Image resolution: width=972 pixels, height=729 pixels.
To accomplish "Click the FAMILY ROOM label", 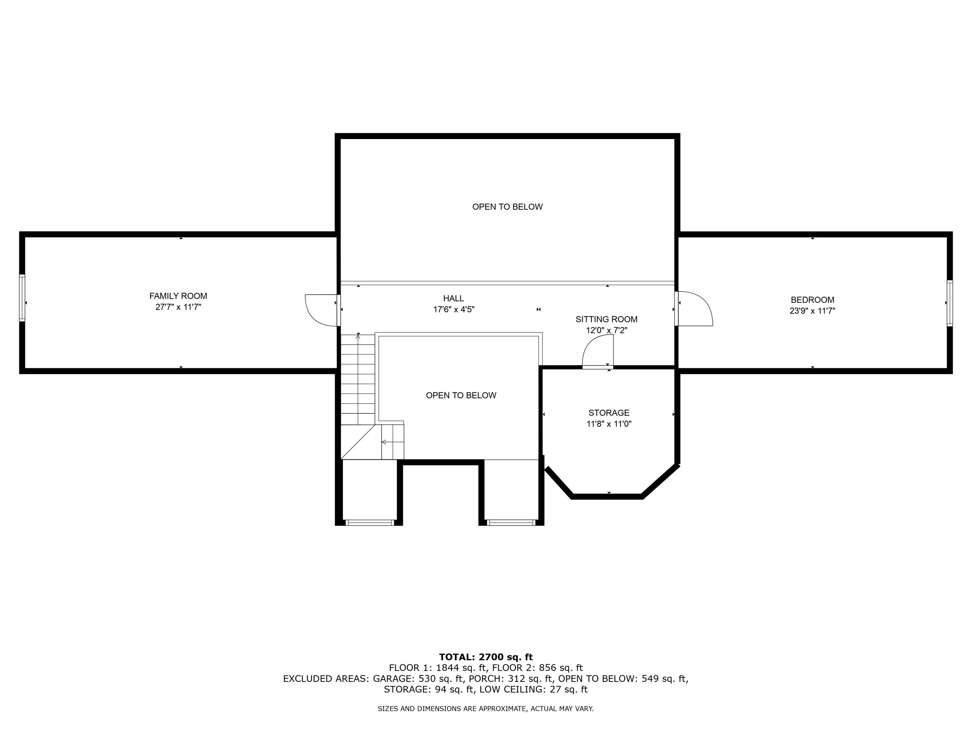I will (178, 296).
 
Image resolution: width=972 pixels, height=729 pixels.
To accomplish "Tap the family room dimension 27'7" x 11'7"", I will (178, 307).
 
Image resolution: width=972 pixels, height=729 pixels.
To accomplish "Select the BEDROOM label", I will (812, 300).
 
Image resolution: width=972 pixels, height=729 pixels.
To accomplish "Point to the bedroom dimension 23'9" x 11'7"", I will (812, 311).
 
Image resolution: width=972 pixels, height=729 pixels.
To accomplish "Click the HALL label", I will (454, 299).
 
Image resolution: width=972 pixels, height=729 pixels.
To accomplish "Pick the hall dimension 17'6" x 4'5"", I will (454, 310).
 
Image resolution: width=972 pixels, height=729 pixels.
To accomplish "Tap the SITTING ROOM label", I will (607, 319).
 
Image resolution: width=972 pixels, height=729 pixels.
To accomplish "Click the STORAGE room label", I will (608, 413).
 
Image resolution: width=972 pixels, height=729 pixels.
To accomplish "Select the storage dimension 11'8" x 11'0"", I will (608, 424).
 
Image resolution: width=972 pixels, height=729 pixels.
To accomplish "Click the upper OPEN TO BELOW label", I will (507, 207).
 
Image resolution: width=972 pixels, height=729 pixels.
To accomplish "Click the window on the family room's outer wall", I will (22, 298).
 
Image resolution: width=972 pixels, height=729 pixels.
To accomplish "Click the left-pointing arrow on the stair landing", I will (384, 442).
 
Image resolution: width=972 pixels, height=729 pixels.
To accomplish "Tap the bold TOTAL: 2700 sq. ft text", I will (486, 657).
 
